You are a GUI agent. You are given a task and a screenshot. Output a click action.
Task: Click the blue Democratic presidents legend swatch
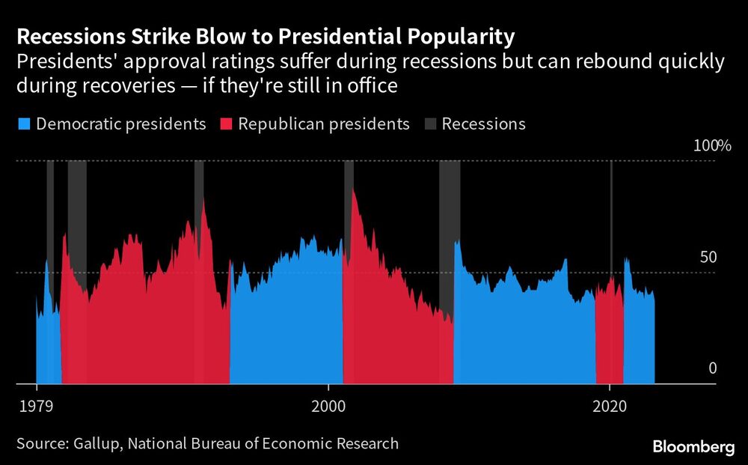24,124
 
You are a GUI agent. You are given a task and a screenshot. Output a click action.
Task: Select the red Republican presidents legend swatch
226,124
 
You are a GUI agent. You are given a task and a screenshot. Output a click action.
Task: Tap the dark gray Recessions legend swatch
430,124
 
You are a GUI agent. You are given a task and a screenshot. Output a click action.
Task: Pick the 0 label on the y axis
712,368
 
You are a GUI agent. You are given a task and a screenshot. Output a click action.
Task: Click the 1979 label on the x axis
37,404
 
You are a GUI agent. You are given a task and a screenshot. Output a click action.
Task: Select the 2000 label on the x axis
328,404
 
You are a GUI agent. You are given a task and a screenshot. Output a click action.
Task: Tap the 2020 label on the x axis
610,404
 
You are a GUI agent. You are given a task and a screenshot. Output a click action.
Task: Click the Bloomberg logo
693,446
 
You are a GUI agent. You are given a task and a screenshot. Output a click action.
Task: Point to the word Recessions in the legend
483,124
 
